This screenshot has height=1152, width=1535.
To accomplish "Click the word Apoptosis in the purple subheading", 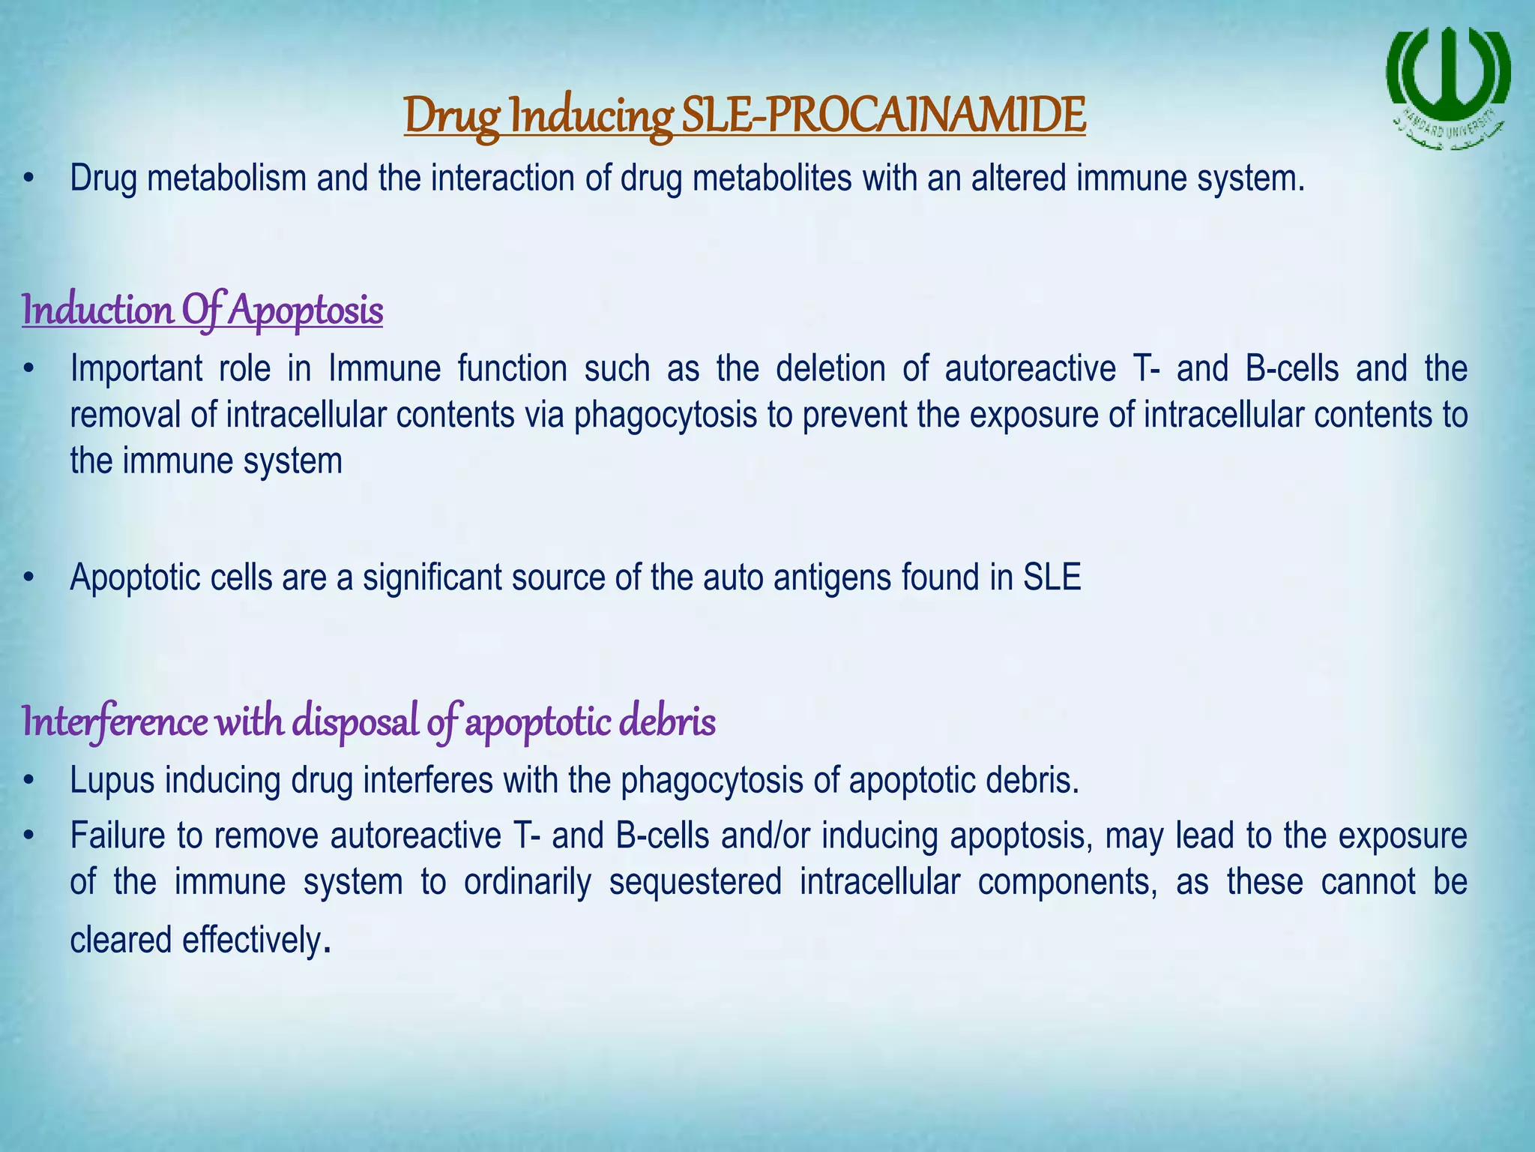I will coord(306,310).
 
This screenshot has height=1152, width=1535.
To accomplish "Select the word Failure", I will coord(118,835).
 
